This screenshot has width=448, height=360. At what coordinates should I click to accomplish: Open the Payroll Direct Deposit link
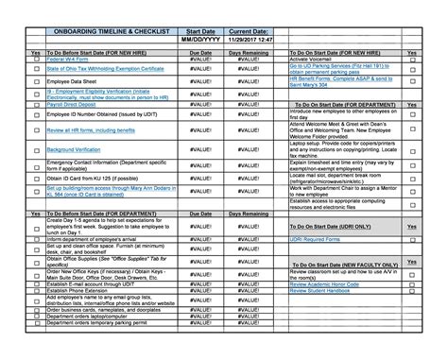(x=75, y=106)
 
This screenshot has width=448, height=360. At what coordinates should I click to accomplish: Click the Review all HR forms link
(x=91, y=129)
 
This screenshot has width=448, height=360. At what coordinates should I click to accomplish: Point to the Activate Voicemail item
(x=312, y=60)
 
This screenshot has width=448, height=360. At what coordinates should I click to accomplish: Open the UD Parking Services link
(x=336, y=68)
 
